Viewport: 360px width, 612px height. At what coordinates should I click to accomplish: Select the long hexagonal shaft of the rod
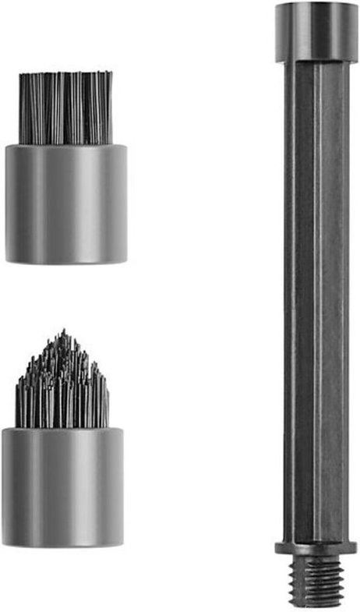(316, 296)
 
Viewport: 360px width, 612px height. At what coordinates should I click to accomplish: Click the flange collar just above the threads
(316, 547)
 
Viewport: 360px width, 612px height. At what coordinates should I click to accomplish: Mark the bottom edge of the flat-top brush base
(66, 260)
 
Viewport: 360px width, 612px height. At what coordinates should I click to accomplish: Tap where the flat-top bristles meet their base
(66, 144)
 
